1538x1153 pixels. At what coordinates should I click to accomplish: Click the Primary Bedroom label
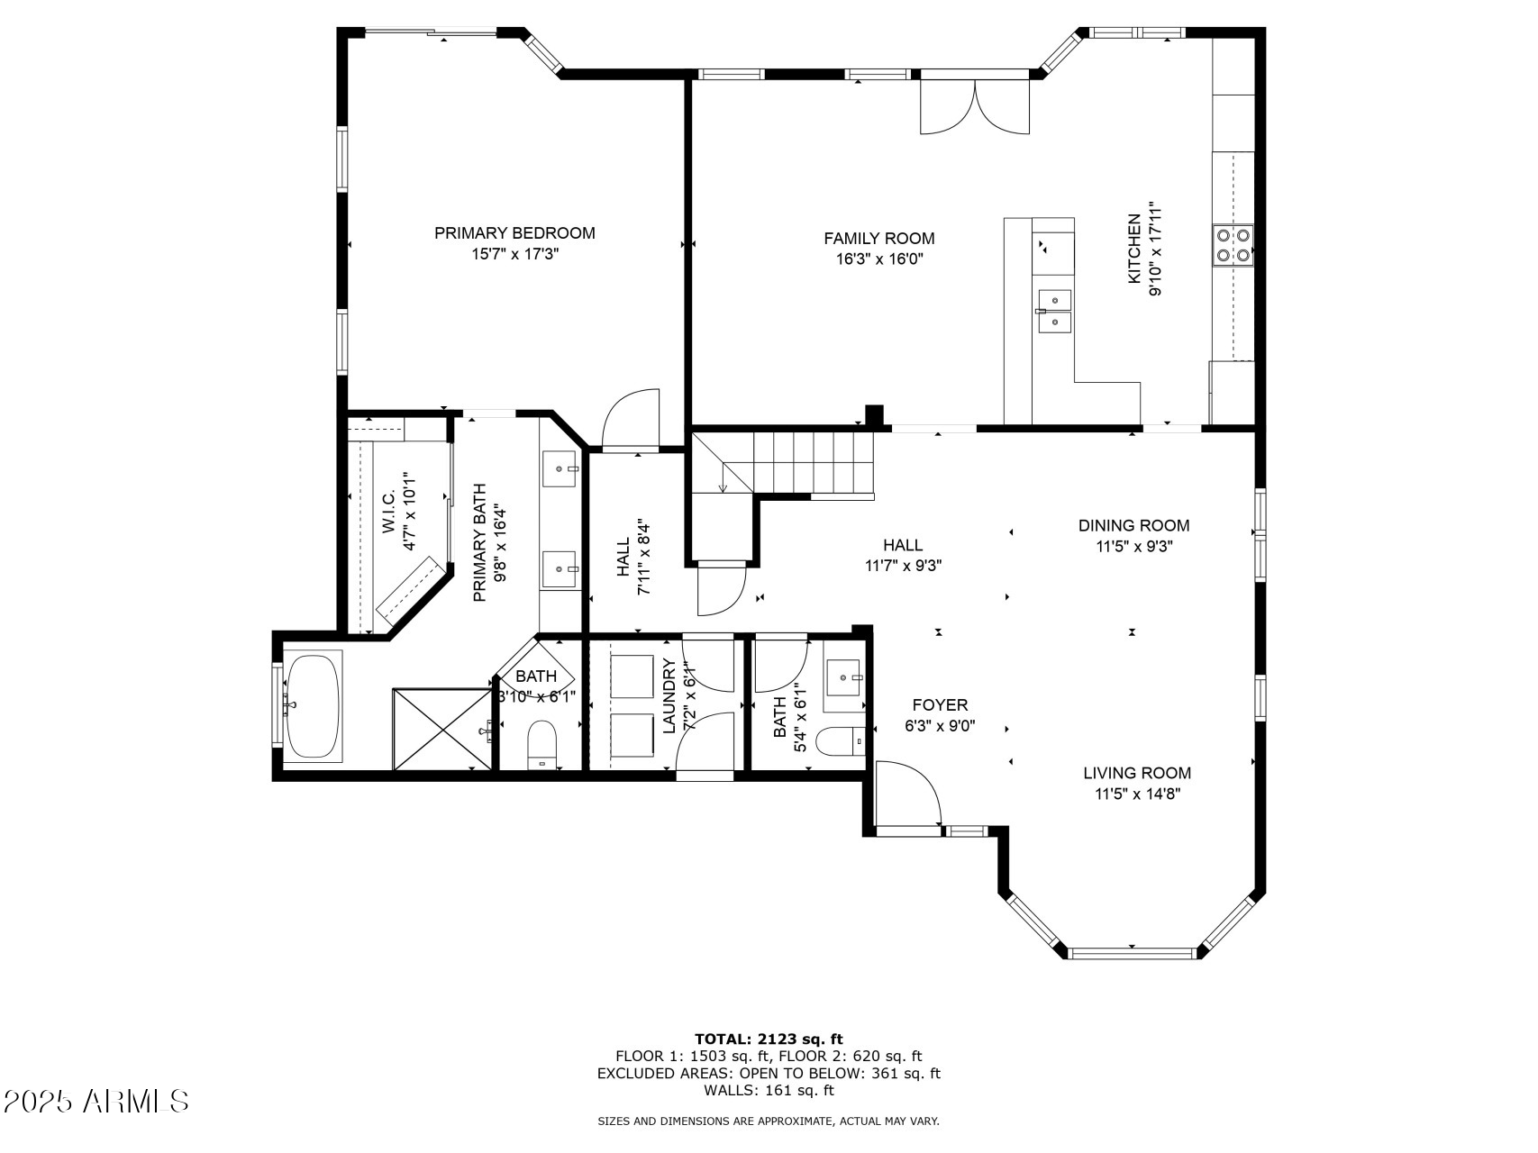pyautogui.click(x=514, y=233)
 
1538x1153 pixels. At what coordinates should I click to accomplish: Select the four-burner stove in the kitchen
pyautogui.click(x=1233, y=244)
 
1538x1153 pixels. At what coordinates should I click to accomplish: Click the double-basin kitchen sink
pyautogui.click(x=1054, y=312)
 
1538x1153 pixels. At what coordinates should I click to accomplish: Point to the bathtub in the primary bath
pyautogui.click(x=313, y=707)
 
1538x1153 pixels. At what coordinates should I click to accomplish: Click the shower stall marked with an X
pyautogui.click(x=442, y=730)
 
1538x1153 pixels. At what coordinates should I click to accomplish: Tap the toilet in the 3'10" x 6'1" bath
pyautogui.click(x=542, y=744)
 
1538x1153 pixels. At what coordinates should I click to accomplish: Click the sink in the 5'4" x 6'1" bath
pyautogui.click(x=845, y=676)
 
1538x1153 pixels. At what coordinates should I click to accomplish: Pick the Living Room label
pyautogui.click(x=1136, y=773)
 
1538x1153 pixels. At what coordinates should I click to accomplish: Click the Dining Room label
pyautogui.click(x=1133, y=525)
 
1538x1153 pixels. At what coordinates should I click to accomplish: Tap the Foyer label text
pyautogui.click(x=940, y=705)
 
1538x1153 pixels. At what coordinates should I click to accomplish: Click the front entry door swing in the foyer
pyautogui.click(x=906, y=793)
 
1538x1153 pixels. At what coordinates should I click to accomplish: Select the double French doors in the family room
pyautogui.click(x=974, y=106)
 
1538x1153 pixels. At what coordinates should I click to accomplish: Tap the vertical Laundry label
pyautogui.click(x=669, y=696)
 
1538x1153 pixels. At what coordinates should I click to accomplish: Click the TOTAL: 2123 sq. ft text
pyautogui.click(x=768, y=1039)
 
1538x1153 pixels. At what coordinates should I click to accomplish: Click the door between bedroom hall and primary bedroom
pyautogui.click(x=631, y=419)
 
